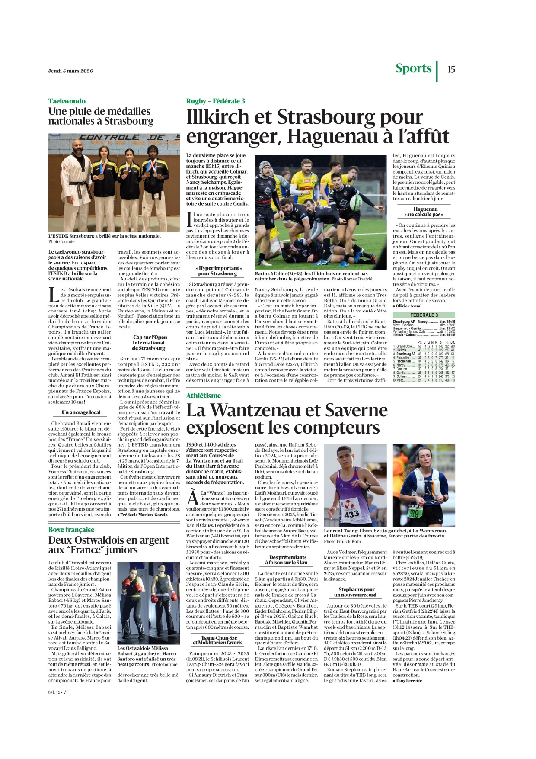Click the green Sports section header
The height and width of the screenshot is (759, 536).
413,68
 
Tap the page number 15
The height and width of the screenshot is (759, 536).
451,69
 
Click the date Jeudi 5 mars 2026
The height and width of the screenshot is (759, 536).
70,71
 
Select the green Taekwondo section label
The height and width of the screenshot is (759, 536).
67,101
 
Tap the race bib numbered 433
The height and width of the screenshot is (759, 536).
351,514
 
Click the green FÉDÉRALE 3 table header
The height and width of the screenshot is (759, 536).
424,315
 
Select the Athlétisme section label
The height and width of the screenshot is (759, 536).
204,396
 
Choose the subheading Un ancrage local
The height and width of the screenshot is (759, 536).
81,412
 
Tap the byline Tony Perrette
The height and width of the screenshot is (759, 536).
408,681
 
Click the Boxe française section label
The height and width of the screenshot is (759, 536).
71,530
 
